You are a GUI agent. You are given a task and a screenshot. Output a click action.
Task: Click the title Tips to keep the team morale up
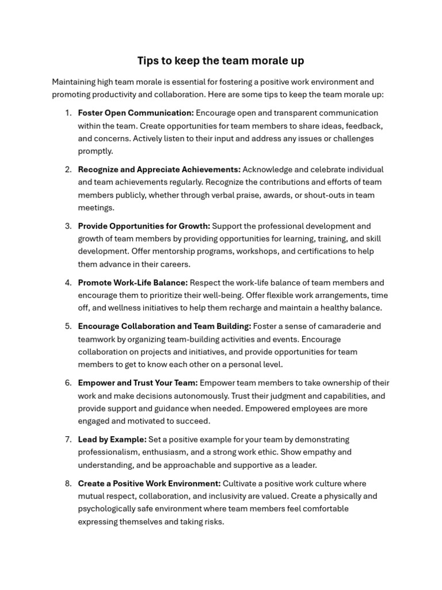[x=220, y=60]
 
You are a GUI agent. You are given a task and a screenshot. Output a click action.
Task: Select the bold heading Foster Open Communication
[x=136, y=113]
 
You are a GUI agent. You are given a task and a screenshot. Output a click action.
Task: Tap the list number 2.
[x=68, y=169]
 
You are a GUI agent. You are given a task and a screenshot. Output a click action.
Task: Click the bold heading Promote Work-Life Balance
[x=133, y=282]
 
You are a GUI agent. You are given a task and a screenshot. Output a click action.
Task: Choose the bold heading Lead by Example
[x=112, y=440]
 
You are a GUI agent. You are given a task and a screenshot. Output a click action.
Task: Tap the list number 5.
[x=68, y=326]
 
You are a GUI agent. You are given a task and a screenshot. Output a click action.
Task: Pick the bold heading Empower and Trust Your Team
[x=138, y=383]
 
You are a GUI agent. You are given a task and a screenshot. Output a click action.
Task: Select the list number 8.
[x=68, y=483]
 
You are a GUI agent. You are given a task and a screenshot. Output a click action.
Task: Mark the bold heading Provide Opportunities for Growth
[x=144, y=226]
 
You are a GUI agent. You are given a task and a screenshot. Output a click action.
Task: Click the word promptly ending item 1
[x=96, y=151]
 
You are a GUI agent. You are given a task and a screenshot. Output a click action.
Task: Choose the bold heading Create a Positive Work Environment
[x=149, y=483]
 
